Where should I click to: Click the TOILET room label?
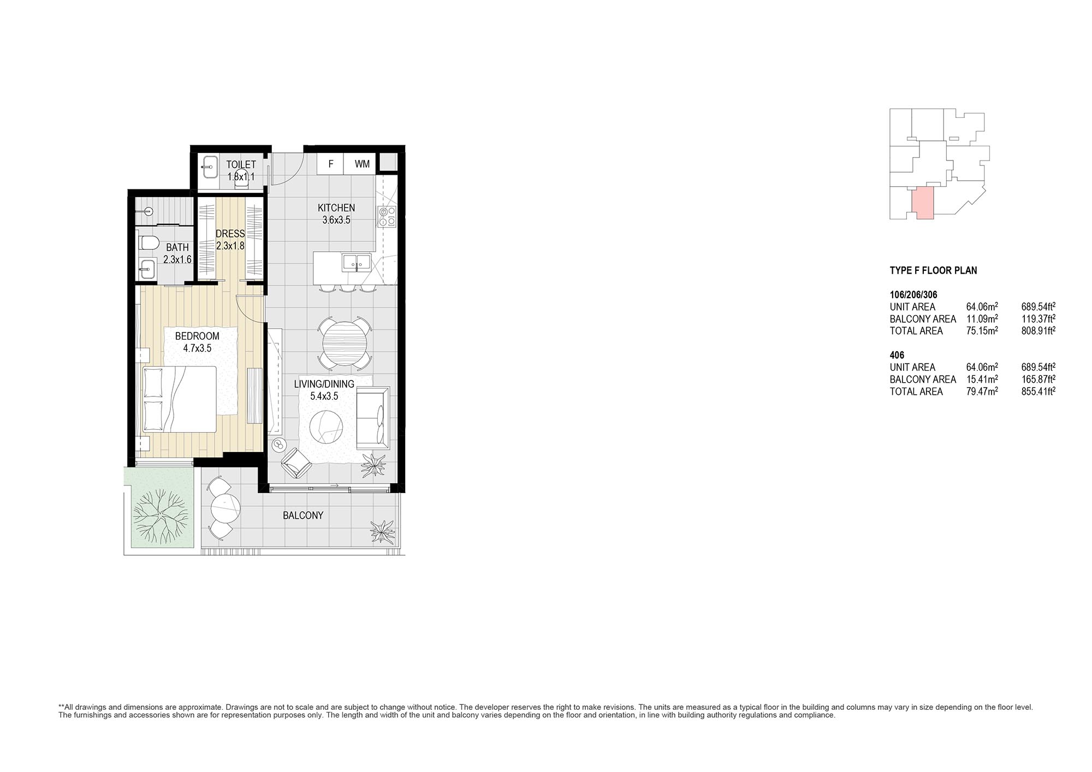click(241, 164)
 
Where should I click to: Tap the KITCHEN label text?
click(336, 208)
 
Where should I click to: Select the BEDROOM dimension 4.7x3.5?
click(197, 348)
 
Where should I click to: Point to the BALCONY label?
click(303, 515)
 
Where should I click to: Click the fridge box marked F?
click(331, 164)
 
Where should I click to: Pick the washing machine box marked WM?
click(362, 164)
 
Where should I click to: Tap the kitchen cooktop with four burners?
click(387, 217)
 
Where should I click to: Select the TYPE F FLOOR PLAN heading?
click(934, 270)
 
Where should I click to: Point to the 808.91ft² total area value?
click(1038, 331)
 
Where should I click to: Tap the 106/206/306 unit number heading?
click(913, 295)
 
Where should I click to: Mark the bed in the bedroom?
click(180, 400)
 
